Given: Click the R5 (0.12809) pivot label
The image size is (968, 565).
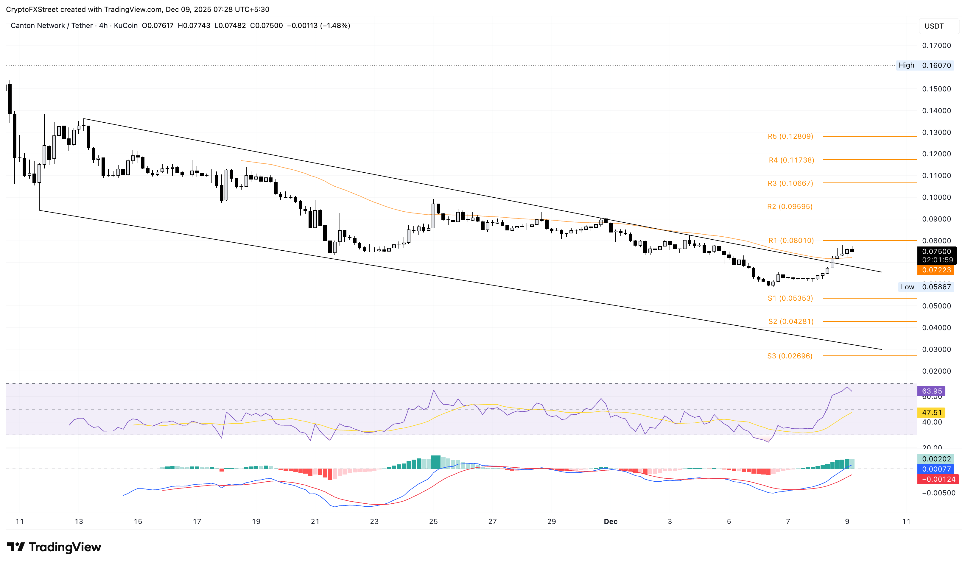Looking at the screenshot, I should coord(790,136).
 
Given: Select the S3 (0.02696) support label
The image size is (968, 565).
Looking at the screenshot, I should coord(790,356).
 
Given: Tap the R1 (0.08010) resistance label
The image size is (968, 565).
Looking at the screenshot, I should coord(791,240).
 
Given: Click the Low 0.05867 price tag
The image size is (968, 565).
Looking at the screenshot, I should coord(926,287).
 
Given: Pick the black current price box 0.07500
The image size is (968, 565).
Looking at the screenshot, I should coord(936,252).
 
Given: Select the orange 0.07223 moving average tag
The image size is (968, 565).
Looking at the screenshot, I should coord(936,270).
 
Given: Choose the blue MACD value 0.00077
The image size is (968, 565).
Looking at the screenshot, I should coord(936,469).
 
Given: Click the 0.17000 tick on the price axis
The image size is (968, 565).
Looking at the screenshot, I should coord(936,45).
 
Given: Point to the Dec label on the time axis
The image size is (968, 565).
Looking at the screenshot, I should coord(610,521).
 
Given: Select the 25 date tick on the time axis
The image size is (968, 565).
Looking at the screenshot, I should coord(433,521).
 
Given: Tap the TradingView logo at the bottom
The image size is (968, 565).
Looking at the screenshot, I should coord(54,547).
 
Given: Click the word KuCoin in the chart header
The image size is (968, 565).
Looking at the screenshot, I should coord(126,26).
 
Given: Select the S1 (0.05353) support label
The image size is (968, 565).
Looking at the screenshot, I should coord(790,298).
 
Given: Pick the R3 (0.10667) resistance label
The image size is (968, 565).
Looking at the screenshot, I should coord(790,183).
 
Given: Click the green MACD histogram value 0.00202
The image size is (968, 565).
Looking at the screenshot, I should coord(936,459).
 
